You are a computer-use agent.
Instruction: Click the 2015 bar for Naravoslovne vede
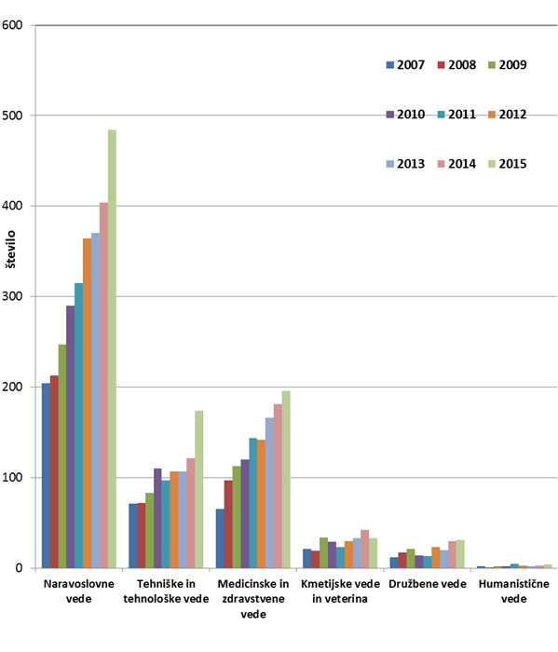coord(112,349)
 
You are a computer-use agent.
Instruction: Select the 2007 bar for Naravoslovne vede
coord(46,476)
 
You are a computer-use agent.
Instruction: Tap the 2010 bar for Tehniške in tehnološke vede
coord(157,518)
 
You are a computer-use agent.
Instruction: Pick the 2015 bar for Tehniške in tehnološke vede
coord(199,489)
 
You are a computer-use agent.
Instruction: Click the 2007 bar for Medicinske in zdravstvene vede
coord(220,538)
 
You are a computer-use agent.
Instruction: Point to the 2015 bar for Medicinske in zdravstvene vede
coord(286,480)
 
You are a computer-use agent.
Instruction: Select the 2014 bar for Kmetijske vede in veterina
coord(364,549)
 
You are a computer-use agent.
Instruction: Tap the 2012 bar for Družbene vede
coord(435,558)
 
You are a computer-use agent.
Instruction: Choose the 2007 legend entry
coord(405,65)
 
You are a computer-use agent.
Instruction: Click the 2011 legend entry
coord(456,115)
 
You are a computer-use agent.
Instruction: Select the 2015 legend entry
coord(508,164)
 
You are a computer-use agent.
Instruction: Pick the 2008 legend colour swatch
coord(442,65)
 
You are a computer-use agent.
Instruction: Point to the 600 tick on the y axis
coord(11,25)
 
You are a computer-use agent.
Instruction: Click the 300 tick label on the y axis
coord(11,296)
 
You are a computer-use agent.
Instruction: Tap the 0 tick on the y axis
coord(19,568)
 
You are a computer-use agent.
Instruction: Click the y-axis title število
coord(11,250)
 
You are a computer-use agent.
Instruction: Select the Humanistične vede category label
coord(514,591)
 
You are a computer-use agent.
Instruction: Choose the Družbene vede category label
coord(428,584)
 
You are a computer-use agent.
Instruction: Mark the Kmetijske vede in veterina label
coord(340,591)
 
